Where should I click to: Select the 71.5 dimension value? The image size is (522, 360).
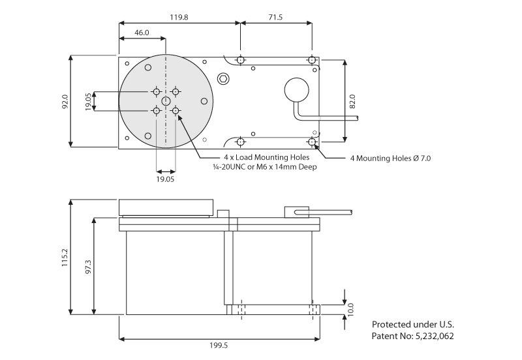(x=275, y=18)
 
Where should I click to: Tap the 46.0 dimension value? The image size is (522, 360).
(x=142, y=33)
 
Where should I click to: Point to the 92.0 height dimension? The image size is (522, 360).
(x=65, y=102)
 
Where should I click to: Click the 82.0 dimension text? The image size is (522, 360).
(x=352, y=101)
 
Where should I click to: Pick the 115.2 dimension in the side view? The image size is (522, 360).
(x=65, y=258)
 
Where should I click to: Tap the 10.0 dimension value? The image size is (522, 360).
(x=350, y=308)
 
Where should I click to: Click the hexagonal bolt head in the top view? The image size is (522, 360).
(x=224, y=79)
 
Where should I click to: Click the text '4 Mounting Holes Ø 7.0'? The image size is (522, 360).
(x=390, y=158)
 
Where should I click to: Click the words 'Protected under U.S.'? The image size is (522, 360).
(x=412, y=324)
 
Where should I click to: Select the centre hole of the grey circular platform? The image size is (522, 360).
(x=166, y=101)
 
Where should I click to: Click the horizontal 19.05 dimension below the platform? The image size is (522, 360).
(x=165, y=178)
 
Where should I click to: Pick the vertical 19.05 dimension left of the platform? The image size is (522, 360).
(x=88, y=101)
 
